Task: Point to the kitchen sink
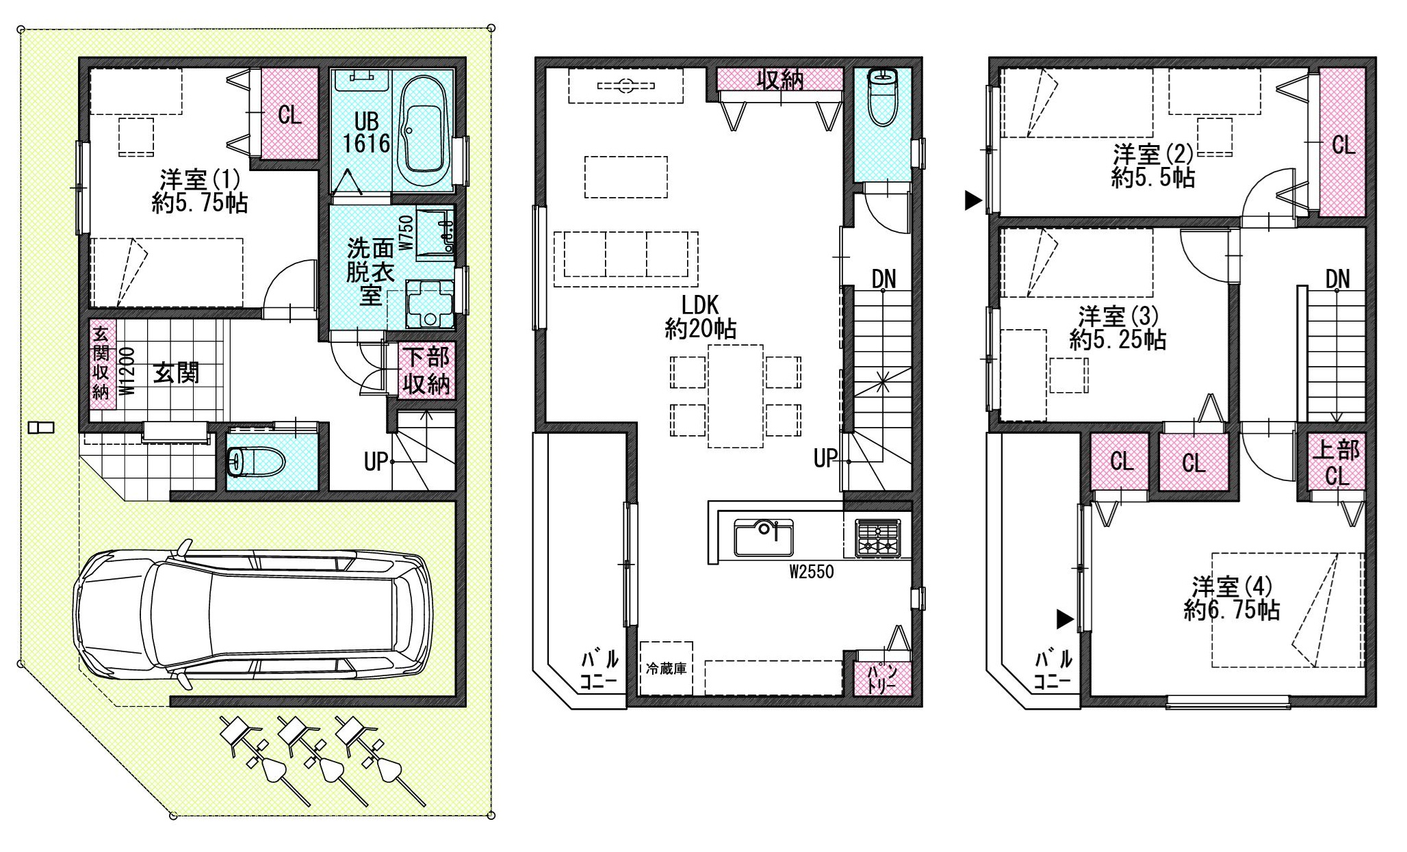click(x=764, y=537)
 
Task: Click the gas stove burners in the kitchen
click(x=878, y=537)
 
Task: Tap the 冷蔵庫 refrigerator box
click(x=666, y=668)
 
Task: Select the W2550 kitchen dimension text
click(x=812, y=572)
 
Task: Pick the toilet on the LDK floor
click(x=882, y=96)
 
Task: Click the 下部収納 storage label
click(x=426, y=371)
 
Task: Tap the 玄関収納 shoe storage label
click(x=101, y=363)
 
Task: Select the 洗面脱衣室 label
click(x=370, y=271)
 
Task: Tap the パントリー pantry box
click(x=882, y=678)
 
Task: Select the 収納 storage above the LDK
click(x=780, y=80)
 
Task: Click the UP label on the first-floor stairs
click(x=376, y=462)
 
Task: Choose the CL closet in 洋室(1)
click(x=290, y=114)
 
